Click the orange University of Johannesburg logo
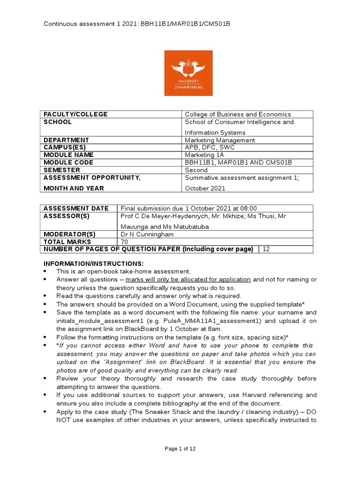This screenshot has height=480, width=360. coord(188,73)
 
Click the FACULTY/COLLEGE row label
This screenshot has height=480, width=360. coord(75,114)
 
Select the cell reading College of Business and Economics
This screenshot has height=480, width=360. coord(238,114)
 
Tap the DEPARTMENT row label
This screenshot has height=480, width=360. coord(66,140)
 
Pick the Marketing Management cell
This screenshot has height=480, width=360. coord(220,140)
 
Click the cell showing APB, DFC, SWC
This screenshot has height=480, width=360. coord(210,147)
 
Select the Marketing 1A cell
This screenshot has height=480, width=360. coord(205,155)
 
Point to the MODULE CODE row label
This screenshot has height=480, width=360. coord(68,163)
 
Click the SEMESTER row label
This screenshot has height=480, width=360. coord(62,170)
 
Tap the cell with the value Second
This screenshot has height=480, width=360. coord(196,170)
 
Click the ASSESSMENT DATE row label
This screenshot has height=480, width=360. coord(76,208)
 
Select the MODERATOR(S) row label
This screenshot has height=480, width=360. coord(69,234)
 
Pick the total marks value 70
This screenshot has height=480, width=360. coord(125,241)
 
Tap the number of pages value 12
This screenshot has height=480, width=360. coord(266,249)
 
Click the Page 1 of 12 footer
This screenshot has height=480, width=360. coord(180,449)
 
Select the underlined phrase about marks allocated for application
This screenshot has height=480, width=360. coord(201,279)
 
